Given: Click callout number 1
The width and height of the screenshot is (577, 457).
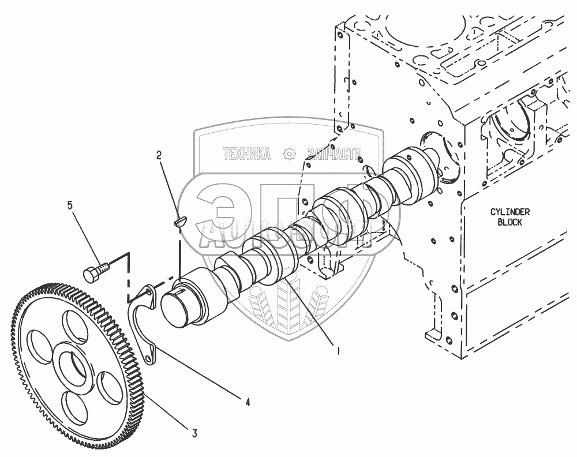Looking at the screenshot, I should coord(338,350).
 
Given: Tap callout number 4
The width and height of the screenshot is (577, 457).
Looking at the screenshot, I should coord(247,402).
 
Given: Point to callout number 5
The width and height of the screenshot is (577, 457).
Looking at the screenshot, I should coord(70,204).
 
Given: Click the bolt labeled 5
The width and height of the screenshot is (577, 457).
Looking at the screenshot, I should coord(95,271).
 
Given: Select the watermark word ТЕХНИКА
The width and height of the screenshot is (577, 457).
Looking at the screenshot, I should coord(247,153).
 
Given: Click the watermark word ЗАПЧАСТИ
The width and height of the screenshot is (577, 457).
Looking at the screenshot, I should coord(335,153).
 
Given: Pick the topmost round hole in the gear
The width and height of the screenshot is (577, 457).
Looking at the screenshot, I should coord(71,324).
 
